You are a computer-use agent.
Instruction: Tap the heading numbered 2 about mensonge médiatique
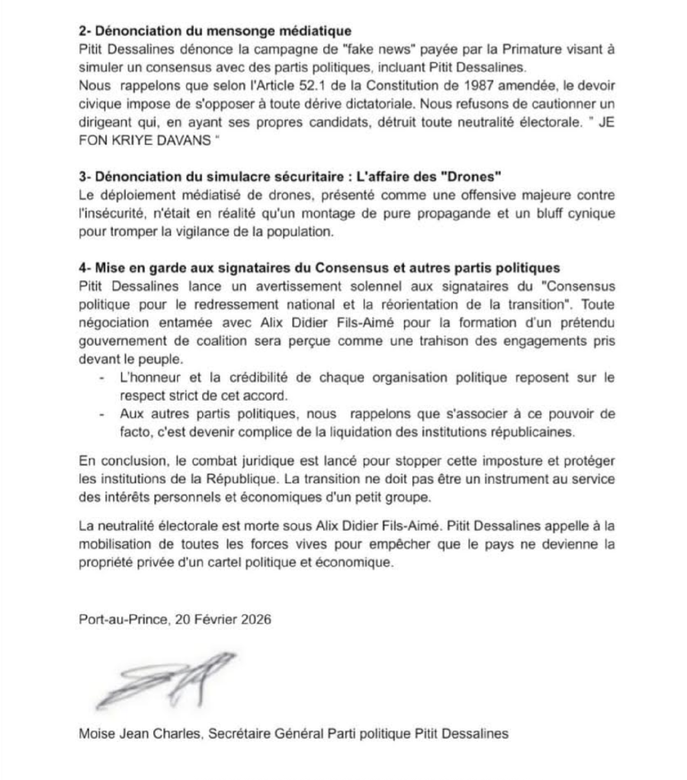pyautogui.click(x=215, y=31)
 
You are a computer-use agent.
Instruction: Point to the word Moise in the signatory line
pyautogui.click(x=94, y=734)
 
